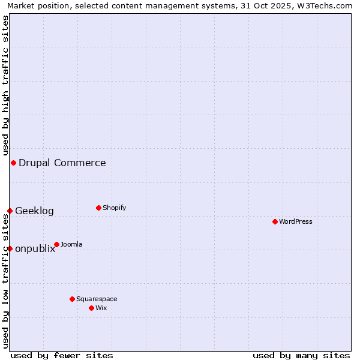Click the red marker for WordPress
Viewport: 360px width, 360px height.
pos(275,221)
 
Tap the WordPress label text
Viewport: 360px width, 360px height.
pos(295,221)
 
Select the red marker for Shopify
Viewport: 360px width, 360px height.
pos(98,208)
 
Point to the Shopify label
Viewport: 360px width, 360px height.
pos(114,208)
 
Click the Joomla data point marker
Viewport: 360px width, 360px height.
pos(56,244)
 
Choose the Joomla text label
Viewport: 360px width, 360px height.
pos(71,244)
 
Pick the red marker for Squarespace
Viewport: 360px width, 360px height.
pos(72,299)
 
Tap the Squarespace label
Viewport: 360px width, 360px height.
pos(97,299)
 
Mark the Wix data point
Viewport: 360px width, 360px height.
pos(91,308)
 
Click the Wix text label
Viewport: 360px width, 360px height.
pos(101,308)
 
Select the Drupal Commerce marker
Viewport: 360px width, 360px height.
pos(13,163)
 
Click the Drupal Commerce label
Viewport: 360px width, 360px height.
pos(62,163)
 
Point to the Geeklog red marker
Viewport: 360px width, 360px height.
pos(10,211)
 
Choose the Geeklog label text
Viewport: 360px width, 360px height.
pos(34,211)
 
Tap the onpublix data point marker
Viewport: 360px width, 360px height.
pos(10,248)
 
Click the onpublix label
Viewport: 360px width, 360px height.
pos(35,249)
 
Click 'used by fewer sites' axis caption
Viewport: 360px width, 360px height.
pos(62,355)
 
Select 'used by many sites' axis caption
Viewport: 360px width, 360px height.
pos(301,355)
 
